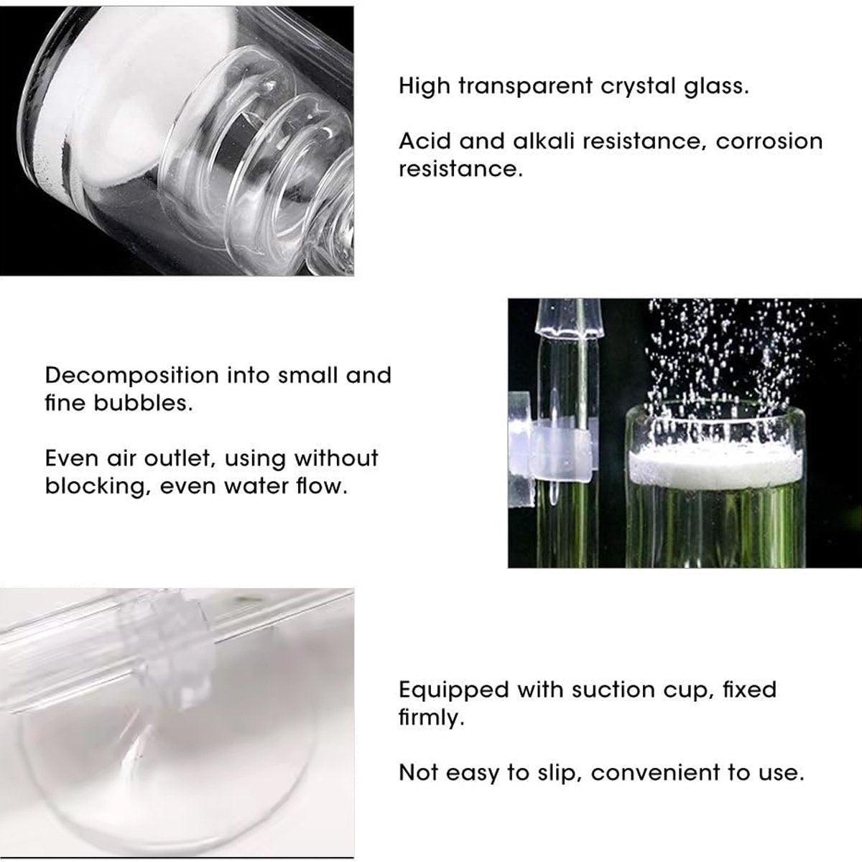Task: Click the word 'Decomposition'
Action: click(x=131, y=376)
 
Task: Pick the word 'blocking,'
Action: click(x=96, y=486)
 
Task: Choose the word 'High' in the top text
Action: click(x=425, y=88)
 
